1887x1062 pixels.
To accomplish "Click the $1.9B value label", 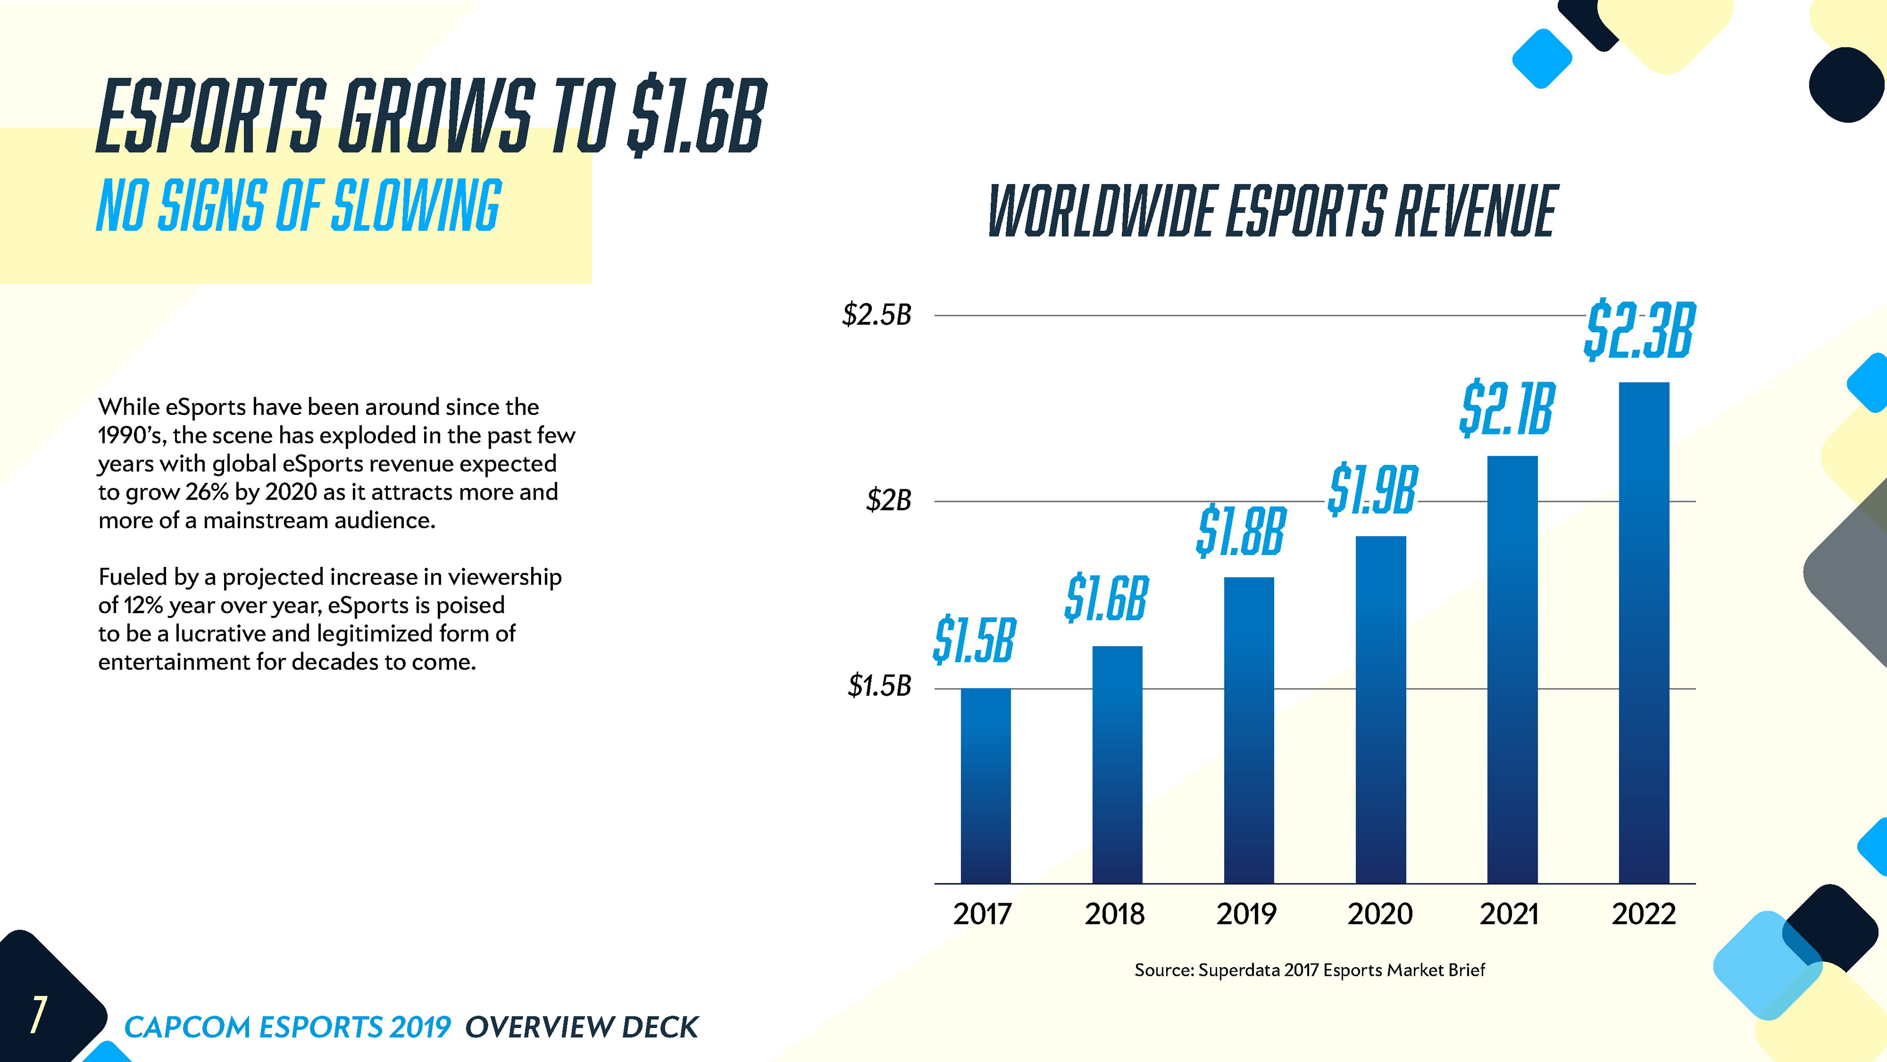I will click(x=1372, y=490).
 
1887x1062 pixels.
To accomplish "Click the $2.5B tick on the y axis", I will click(x=877, y=315).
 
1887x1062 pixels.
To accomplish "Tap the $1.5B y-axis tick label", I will click(x=879, y=686).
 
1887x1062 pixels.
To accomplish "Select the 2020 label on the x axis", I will click(x=1380, y=914).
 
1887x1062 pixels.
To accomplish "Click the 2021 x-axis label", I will click(x=1509, y=914).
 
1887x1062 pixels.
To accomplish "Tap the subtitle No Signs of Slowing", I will click(x=299, y=206).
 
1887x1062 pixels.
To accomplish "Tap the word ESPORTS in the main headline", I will click(x=211, y=118).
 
